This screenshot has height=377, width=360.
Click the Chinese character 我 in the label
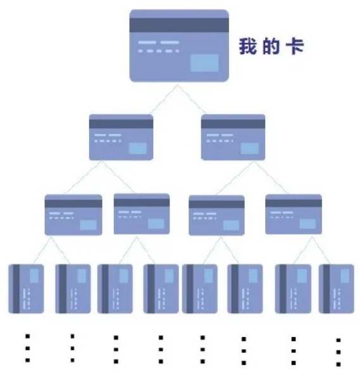click(247, 46)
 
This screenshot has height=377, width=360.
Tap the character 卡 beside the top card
click(295, 46)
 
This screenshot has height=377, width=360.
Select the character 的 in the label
click(271, 46)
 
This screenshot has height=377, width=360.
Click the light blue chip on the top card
click(204, 63)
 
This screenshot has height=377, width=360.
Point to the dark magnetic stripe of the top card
click(179, 25)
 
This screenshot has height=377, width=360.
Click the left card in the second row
click(121, 137)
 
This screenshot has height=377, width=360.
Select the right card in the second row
click(233, 137)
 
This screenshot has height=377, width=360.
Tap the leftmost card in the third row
click(73, 214)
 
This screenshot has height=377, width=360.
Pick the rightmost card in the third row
click(294, 214)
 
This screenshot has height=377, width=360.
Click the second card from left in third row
click(142, 214)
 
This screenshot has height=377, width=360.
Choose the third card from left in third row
click(216, 215)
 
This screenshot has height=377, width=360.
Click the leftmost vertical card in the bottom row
click(26, 288)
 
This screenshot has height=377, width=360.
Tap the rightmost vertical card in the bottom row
click(337, 288)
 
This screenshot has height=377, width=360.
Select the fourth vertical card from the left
click(161, 288)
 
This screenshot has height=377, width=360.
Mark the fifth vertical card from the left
click(200, 288)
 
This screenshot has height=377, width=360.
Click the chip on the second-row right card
click(250, 148)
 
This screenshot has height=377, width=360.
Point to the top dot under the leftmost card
click(28, 336)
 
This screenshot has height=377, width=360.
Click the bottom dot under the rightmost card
click(338, 364)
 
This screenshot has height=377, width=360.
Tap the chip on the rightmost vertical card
click(345, 276)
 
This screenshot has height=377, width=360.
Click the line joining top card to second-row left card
click(164, 99)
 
